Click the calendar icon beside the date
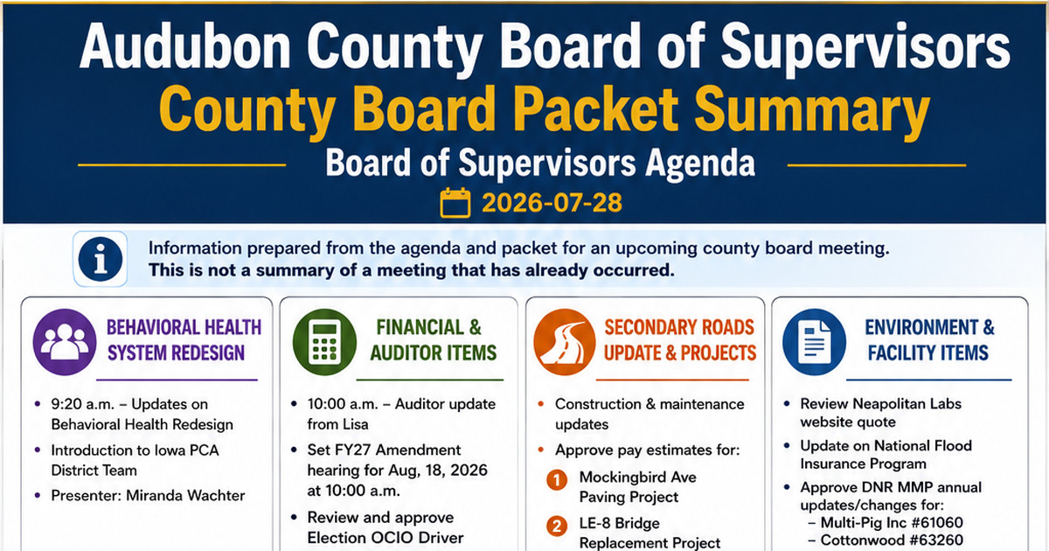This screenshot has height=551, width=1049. [x=455, y=203]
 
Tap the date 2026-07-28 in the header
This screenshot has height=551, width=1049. [x=552, y=203]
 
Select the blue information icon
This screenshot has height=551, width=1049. [x=101, y=259]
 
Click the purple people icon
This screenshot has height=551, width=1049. [x=65, y=342]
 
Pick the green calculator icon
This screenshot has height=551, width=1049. [x=324, y=342]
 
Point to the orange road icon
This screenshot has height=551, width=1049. [x=565, y=342]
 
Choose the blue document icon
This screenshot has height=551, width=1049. [x=815, y=342]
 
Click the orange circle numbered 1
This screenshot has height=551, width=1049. [x=557, y=480]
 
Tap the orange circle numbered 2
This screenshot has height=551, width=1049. [x=557, y=527]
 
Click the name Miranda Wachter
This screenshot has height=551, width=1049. [x=185, y=495]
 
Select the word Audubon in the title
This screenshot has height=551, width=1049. [x=185, y=47]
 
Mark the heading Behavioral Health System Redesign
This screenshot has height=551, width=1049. [x=184, y=340]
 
